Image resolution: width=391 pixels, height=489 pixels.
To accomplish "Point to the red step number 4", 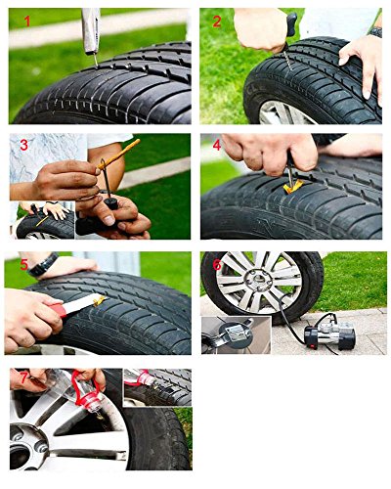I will click(216, 146).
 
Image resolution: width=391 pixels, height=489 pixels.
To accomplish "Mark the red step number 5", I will click(23, 265).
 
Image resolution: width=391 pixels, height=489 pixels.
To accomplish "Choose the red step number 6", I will click(216, 265).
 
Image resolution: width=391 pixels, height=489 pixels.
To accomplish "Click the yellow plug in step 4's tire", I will click(291, 184).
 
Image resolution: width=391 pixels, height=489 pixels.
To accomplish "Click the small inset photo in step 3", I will click(44, 220).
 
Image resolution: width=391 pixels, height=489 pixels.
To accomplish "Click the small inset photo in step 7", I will click(156, 386).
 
